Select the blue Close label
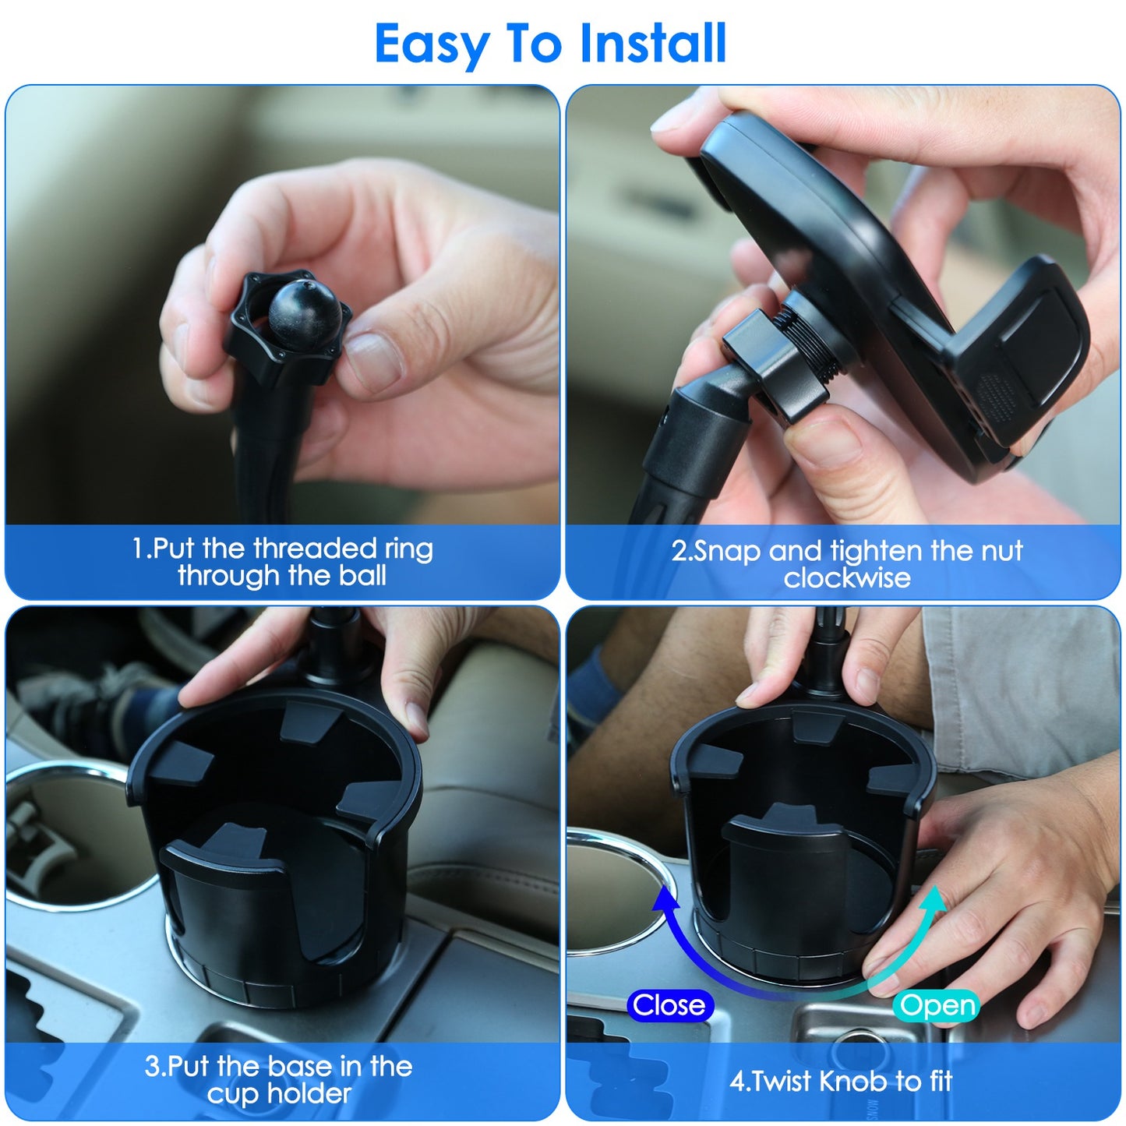[x=669, y=1005]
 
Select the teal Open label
[x=937, y=1005]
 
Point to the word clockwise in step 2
[x=847, y=578]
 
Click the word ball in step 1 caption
[x=362, y=576]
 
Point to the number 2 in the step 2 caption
[x=679, y=551]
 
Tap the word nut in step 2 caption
[x=1001, y=551]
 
